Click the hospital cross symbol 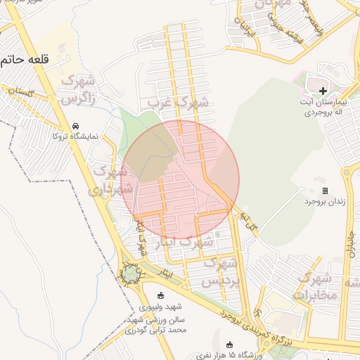pyautogui.click(x=323, y=91)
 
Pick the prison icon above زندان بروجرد pyautogui.click(x=325, y=191)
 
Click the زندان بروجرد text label pyautogui.click(x=325, y=202)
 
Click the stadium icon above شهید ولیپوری pyautogui.click(x=160, y=295)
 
